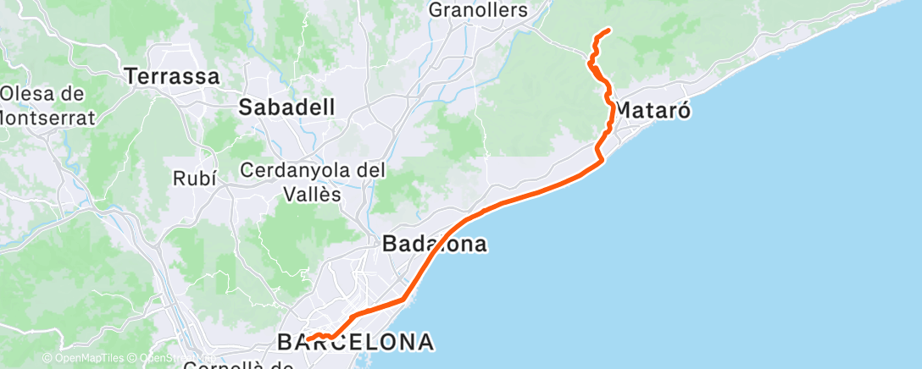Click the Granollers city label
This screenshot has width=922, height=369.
pyautogui.click(x=479, y=11)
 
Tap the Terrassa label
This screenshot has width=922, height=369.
pyautogui.click(x=172, y=77)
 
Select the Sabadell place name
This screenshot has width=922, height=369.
pyautogui.click(x=286, y=107)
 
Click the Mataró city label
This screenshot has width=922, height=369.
pyautogui.click(x=651, y=111)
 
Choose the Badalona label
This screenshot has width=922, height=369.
pyautogui.click(x=435, y=245)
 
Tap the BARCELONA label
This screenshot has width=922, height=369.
pyautogui.click(x=356, y=343)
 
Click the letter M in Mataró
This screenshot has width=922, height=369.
pyautogui.click(x=621, y=111)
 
